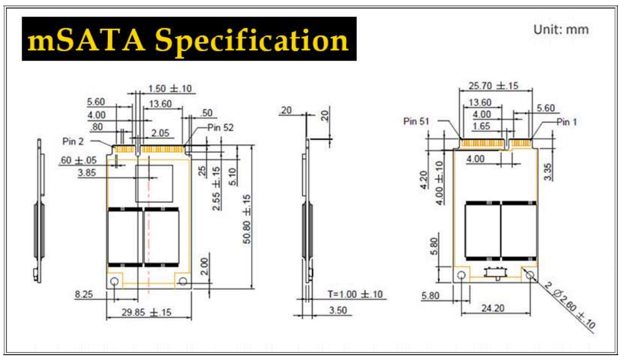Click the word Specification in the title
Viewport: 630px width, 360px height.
tap(252, 41)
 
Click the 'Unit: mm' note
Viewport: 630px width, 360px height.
tap(561, 29)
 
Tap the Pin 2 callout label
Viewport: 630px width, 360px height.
tap(73, 142)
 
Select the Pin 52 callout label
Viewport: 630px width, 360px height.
tap(220, 128)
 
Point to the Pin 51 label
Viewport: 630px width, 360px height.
tap(416, 121)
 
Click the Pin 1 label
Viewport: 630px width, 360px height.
tap(566, 122)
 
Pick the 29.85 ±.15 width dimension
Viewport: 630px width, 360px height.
tap(146, 312)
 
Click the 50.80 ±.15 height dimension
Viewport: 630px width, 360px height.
tap(247, 220)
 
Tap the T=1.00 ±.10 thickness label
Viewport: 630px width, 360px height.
tap(355, 294)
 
